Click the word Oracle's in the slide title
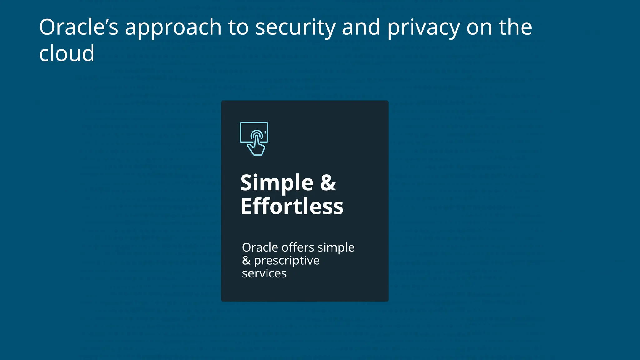click(x=78, y=27)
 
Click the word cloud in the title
click(x=67, y=53)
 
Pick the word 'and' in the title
click(x=361, y=27)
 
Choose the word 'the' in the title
click(x=515, y=27)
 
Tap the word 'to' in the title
click(x=238, y=27)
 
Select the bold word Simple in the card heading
click(x=277, y=183)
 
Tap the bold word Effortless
click(x=292, y=207)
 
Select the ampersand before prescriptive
click(x=246, y=261)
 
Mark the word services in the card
click(x=264, y=274)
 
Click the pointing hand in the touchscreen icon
click(x=257, y=147)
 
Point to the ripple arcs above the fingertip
click(x=257, y=133)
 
